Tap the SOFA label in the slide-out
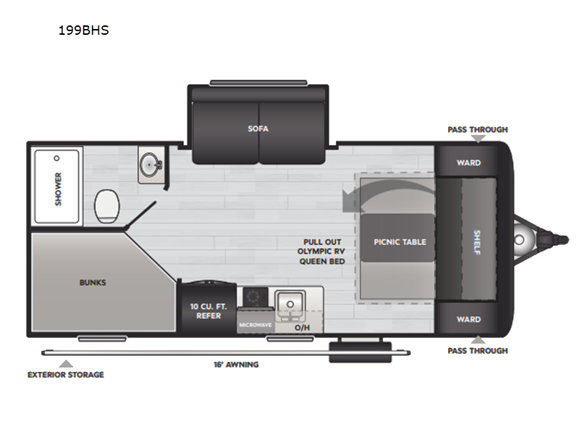tap(258, 128)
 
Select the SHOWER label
tap(58, 188)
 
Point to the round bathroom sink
tap(151, 164)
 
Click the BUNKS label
tap(93, 282)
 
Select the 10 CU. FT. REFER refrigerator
tap(206, 310)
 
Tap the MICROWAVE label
tap(255, 325)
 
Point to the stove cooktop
tap(254, 297)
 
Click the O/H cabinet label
tap(302, 328)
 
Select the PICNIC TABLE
tap(400, 241)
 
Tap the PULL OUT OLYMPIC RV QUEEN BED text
tap(321, 252)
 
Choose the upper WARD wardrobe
tap(468, 162)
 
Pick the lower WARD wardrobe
tap(468, 319)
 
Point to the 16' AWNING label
tap(237, 364)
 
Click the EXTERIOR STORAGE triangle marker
tap(66, 363)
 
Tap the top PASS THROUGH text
tap(477, 130)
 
